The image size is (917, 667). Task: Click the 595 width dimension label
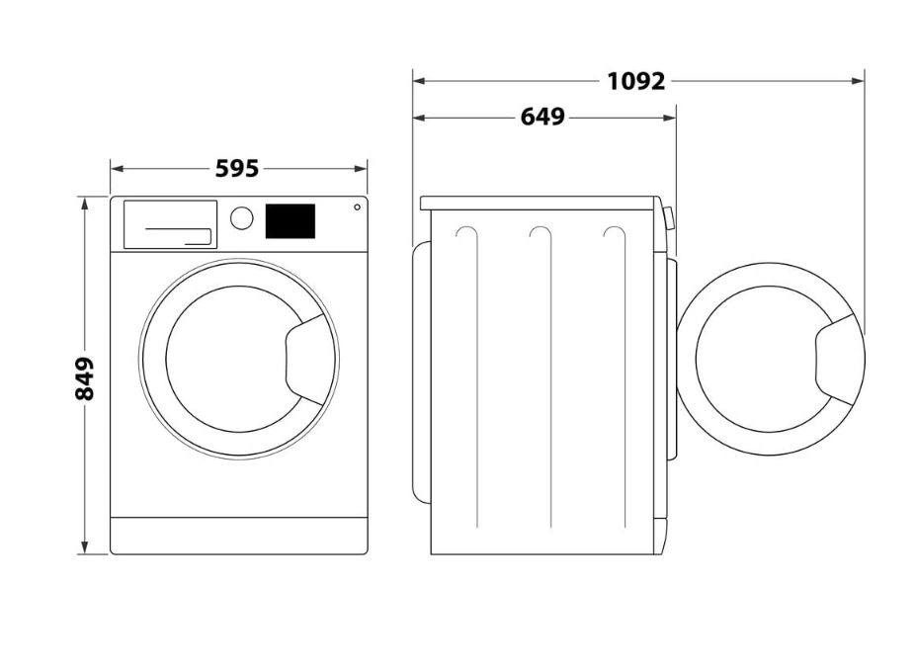click(x=237, y=169)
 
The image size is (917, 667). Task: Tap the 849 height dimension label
click(x=85, y=378)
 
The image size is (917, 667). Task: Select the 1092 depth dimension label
click(x=636, y=81)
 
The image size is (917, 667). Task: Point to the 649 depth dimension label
click(x=542, y=118)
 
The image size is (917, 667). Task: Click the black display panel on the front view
click(x=291, y=221)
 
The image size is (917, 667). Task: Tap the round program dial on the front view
click(x=241, y=218)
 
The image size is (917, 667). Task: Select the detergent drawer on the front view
click(x=170, y=224)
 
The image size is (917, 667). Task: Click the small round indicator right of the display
click(x=357, y=207)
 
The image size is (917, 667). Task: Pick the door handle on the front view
click(x=305, y=360)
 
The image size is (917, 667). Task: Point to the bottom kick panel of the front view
click(x=238, y=535)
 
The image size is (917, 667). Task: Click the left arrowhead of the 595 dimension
click(x=117, y=169)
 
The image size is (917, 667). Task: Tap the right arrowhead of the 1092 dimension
click(x=858, y=81)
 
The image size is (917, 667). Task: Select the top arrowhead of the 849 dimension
click(x=85, y=204)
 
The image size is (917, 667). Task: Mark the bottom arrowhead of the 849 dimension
click(x=85, y=547)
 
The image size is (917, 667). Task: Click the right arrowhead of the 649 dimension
click(x=670, y=118)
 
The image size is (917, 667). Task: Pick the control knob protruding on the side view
click(x=669, y=218)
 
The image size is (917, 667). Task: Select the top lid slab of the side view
click(x=540, y=204)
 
